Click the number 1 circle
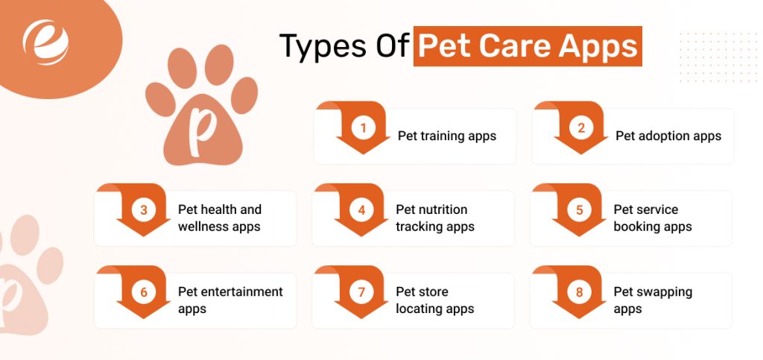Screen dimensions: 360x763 pyautogui.click(x=364, y=128)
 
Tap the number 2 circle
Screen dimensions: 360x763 pyautogui.click(x=581, y=128)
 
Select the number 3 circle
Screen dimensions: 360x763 pyautogui.click(x=144, y=210)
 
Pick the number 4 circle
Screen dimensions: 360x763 pyautogui.click(x=361, y=210)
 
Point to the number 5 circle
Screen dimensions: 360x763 pyautogui.click(x=579, y=210)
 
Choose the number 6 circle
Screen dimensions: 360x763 pyautogui.click(x=144, y=292)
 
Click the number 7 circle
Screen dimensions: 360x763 pyautogui.click(x=361, y=292)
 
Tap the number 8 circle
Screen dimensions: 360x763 pyautogui.click(x=579, y=292)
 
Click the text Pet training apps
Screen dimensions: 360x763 pyautogui.click(x=446, y=136)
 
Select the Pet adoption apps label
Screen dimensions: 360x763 pyautogui.click(x=668, y=136)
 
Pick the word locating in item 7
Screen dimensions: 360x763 pyautogui.click(x=420, y=309)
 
